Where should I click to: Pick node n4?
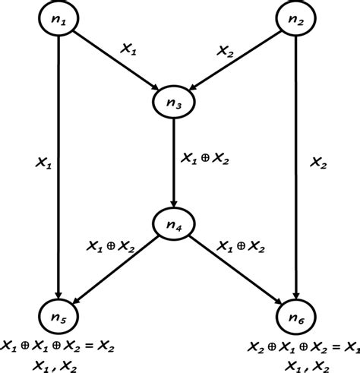pos(174,225)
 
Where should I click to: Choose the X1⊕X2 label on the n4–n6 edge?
pos(242,247)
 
